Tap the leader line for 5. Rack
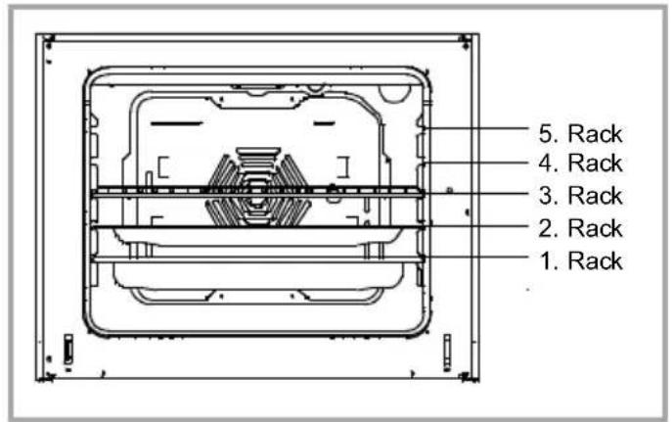pos(479,128)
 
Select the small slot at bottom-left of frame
pos(67,350)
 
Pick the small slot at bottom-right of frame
pos(447,350)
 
